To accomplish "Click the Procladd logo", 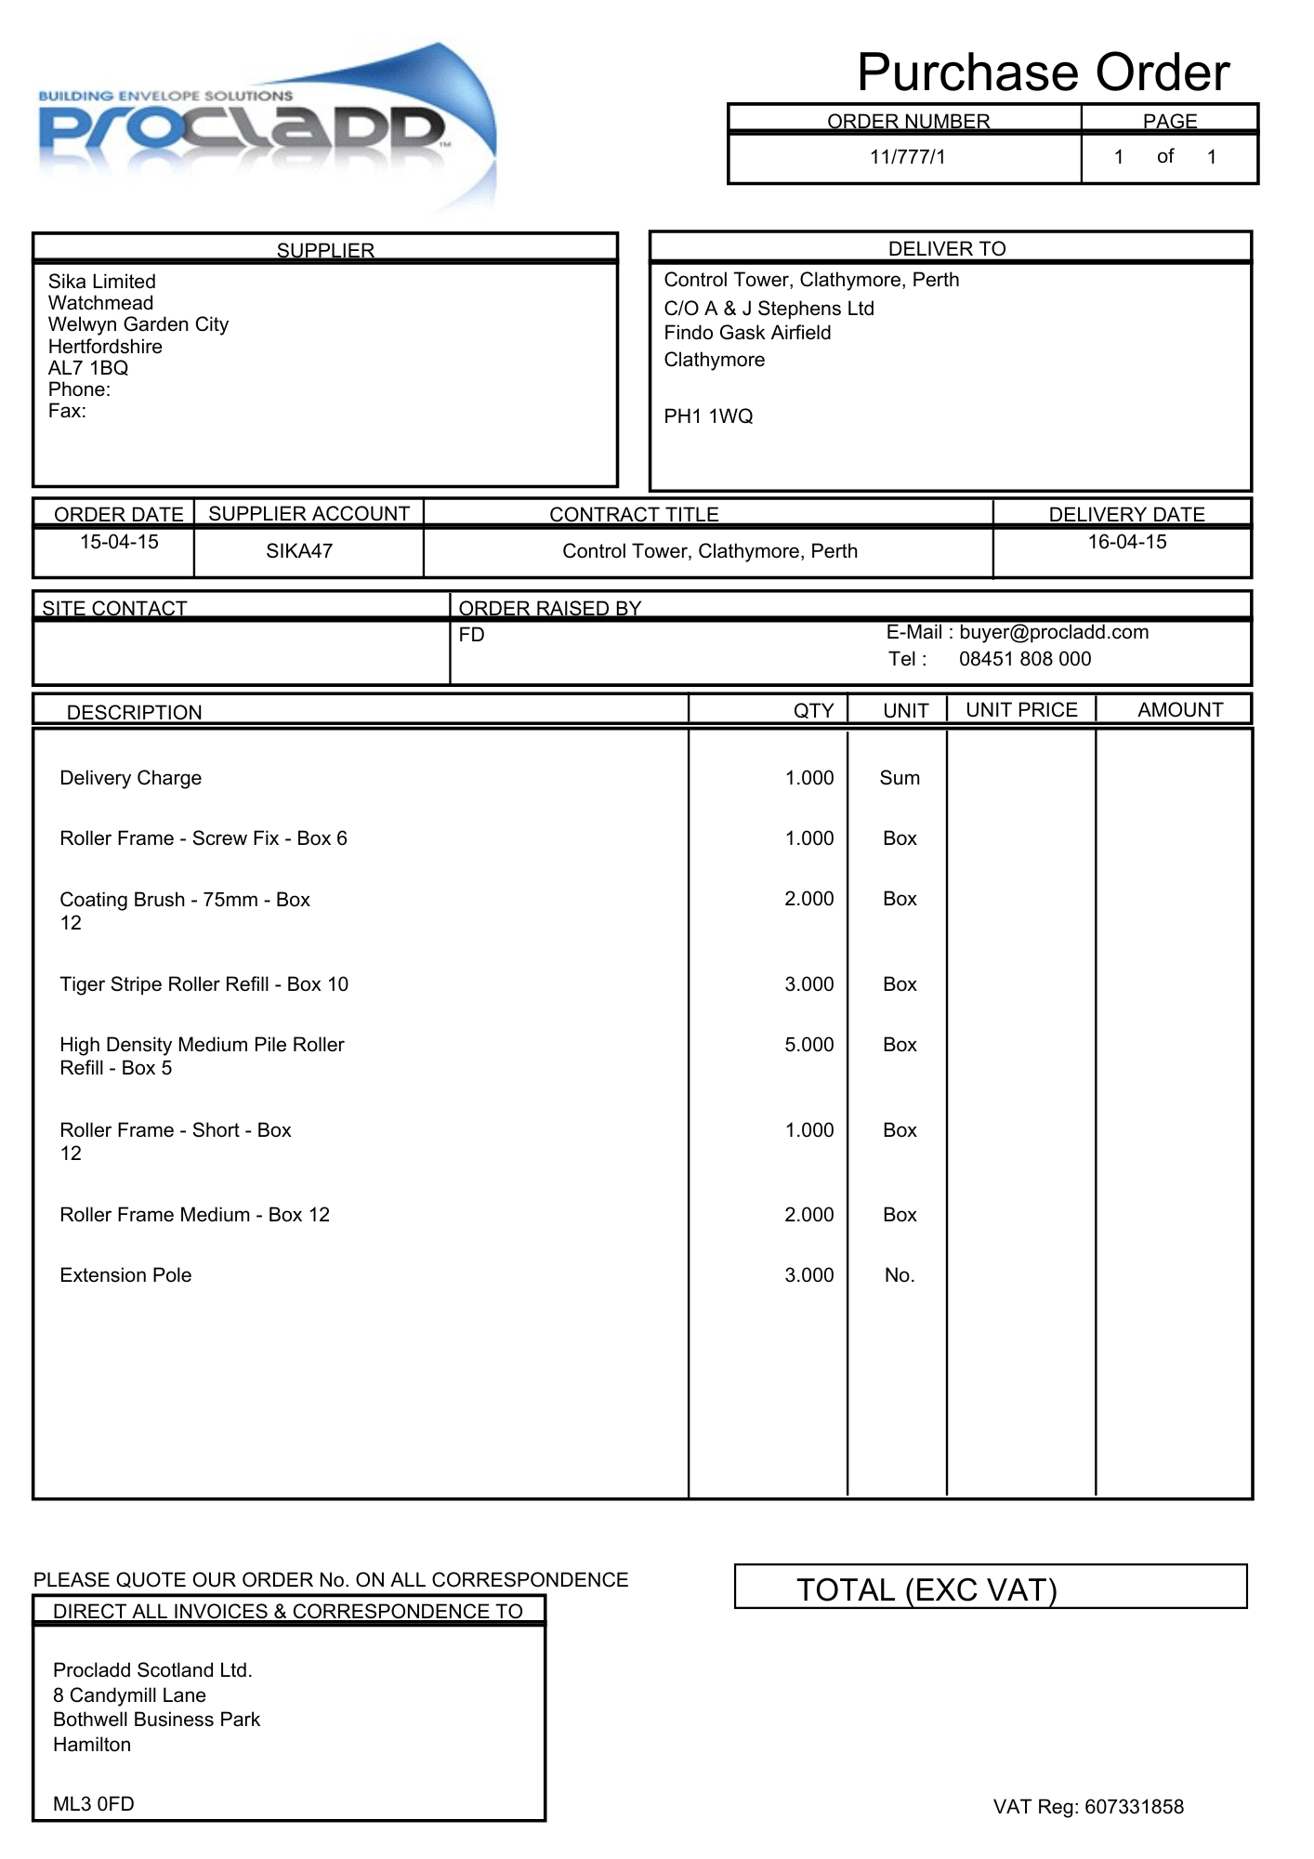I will (x=265, y=125).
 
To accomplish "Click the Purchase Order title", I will (x=1043, y=73).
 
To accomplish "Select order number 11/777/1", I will (x=907, y=157).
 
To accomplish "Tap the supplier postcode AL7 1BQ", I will (x=88, y=368).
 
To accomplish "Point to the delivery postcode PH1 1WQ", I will (x=708, y=416).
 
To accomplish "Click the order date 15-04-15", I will (x=119, y=542).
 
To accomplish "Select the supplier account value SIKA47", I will (x=299, y=551).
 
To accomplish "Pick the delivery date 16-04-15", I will (x=1126, y=542).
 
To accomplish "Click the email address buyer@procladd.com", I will (x=1053, y=632).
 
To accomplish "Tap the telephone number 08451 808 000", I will (x=1024, y=659).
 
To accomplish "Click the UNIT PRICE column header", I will (x=1021, y=710).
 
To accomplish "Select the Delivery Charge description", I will (x=130, y=778).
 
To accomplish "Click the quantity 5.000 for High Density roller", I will (x=808, y=1045).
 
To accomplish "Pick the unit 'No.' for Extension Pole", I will (x=899, y=1275).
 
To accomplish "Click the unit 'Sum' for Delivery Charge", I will (x=899, y=778).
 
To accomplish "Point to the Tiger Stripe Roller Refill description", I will (x=204, y=984).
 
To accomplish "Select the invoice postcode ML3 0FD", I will (x=93, y=1804).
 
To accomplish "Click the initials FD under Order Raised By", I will (x=471, y=635).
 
